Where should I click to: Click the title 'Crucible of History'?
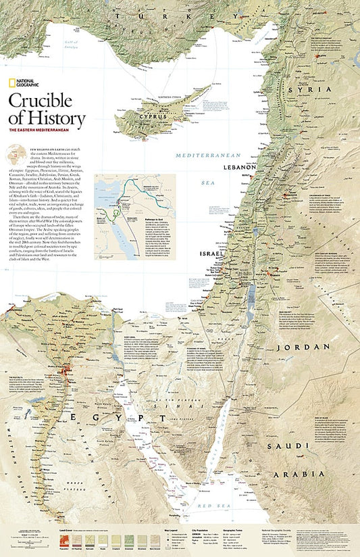pyautogui.click(x=47, y=111)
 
